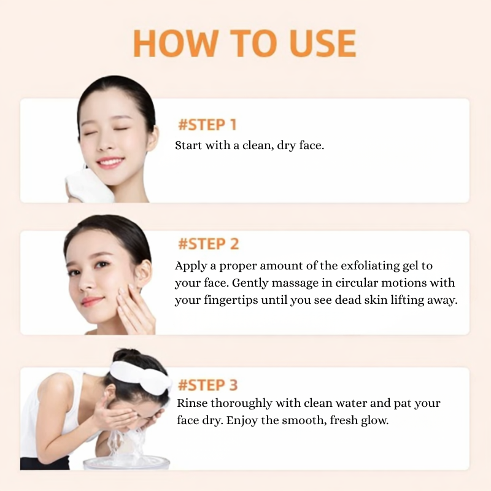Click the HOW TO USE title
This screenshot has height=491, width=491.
click(x=244, y=43)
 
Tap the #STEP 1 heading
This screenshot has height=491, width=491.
click(x=207, y=125)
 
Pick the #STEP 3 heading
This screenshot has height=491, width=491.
click(x=207, y=385)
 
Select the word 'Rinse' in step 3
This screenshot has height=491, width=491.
click(x=191, y=404)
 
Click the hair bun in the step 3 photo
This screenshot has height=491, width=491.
click(x=125, y=357)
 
